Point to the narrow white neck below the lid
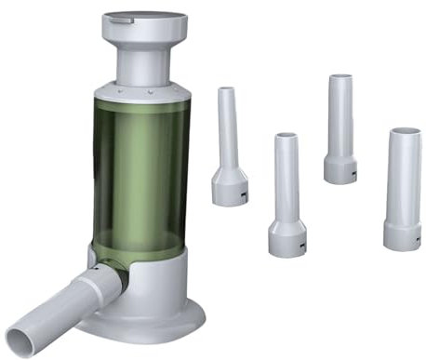(144, 63)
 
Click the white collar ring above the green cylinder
(144, 90)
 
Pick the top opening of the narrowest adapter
(226, 90)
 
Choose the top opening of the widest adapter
(404, 132)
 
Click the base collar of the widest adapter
(402, 233)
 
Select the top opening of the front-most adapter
(286, 137)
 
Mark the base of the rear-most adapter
(339, 169)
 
